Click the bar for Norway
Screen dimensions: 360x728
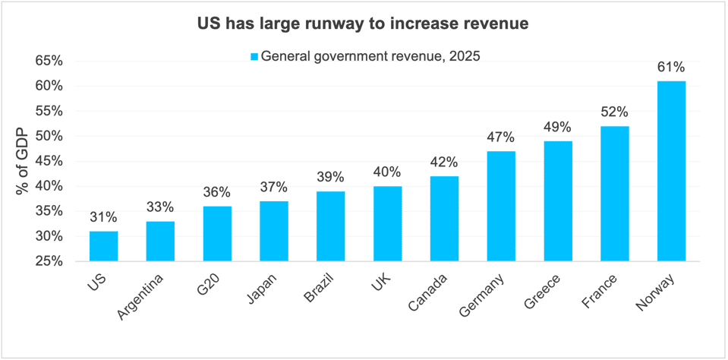click(671, 171)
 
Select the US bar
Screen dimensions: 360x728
click(103, 246)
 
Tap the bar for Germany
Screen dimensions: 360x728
click(501, 206)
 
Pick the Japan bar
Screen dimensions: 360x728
click(274, 231)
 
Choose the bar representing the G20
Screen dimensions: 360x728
click(217, 233)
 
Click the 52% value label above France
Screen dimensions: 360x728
click(615, 112)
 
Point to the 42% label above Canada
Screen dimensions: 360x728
click(444, 162)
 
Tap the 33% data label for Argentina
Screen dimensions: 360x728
click(160, 207)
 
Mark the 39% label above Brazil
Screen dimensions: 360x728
click(330, 177)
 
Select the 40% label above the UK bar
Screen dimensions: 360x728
click(387, 172)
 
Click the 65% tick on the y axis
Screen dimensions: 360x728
click(48, 61)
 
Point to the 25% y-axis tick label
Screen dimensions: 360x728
click(48, 261)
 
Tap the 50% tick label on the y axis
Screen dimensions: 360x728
click(48, 136)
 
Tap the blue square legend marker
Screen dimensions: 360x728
click(255, 56)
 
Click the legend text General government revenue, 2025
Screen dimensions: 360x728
click(370, 56)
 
